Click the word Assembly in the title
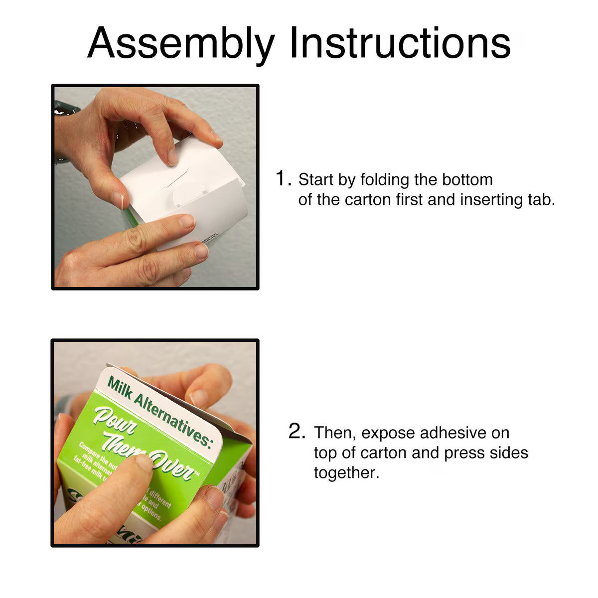[181, 42]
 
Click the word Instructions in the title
[400, 42]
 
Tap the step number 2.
[297, 432]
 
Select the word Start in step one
[316, 179]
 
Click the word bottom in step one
[465, 179]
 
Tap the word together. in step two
[346, 473]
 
